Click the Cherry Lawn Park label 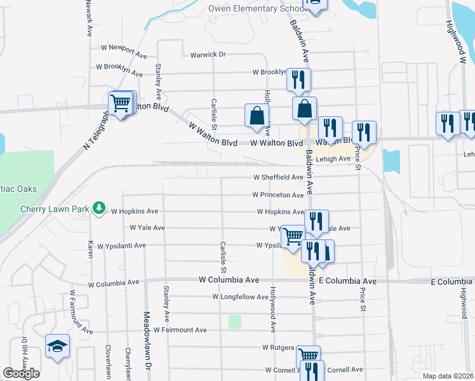tap(55, 209)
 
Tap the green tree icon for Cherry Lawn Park tap(98, 208)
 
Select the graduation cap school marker tap(57, 346)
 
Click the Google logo tap(21, 373)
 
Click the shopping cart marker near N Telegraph tap(121, 102)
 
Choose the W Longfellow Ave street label tap(243, 297)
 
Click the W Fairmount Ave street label tap(180, 330)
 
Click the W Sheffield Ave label tap(278, 177)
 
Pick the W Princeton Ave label tap(278, 195)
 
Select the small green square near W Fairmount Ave tap(235, 322)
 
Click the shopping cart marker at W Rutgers tap(309, 356)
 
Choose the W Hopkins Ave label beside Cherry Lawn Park tap(135, 211)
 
